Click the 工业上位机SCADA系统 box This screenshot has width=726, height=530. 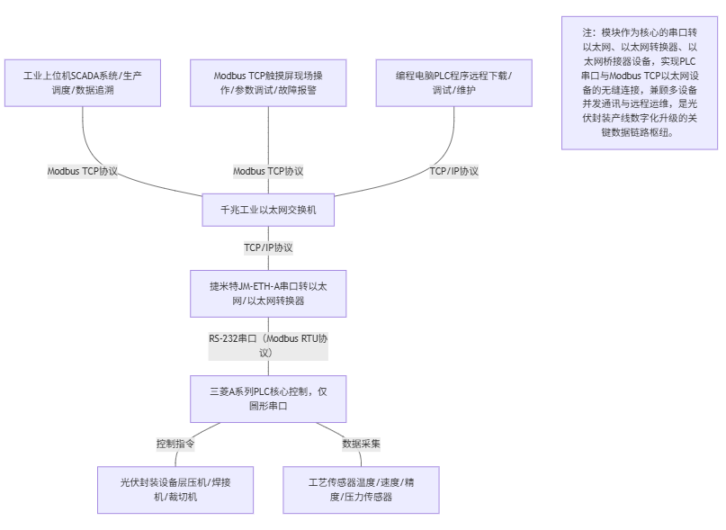tap(82, 83)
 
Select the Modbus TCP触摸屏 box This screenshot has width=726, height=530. tap(268, 83)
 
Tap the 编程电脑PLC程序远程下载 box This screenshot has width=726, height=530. tap(453, 83)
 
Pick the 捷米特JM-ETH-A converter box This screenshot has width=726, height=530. tap(268, 293)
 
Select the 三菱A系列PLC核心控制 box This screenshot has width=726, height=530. tap(268, 399)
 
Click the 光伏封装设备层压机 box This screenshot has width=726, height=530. tap(175, 490)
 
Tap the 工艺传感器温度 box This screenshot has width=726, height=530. tap(361, 490)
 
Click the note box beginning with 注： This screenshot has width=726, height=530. tap(639, 82)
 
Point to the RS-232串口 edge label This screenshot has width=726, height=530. tap(268, 346)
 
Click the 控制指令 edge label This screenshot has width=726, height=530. tap(175, 444)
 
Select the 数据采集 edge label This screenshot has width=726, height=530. tap(361, 444)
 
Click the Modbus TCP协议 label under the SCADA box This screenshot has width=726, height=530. tap(83, 171)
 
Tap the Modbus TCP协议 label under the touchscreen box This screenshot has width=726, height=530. tap(268, 171)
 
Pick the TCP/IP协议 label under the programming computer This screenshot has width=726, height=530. tap(453, 171)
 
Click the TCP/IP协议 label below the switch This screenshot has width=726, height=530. tap(268, 247)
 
